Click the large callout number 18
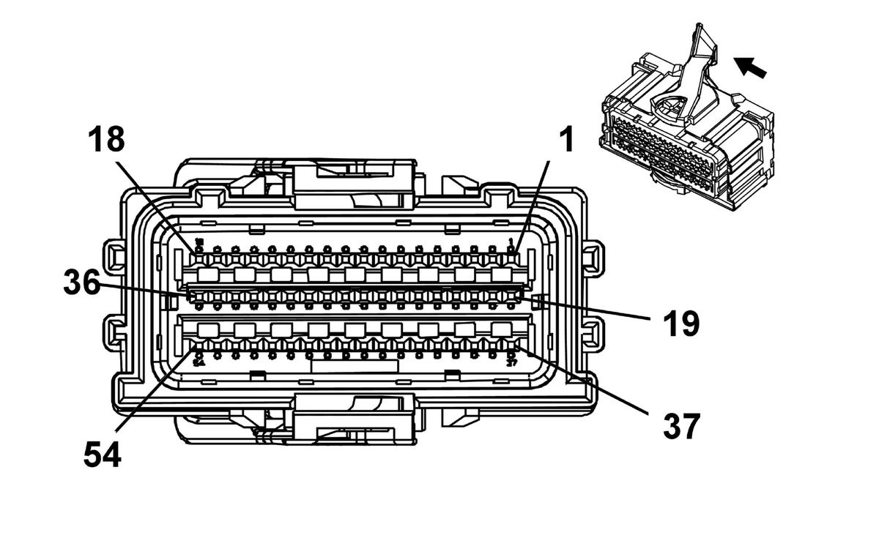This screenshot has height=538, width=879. click(x=107, y=139)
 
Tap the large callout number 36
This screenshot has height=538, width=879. click(x=81, y=282)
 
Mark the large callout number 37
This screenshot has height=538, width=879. click(x=681, y=426)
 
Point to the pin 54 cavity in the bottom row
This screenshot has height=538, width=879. click(x=199, y=344)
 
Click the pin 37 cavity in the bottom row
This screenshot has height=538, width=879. click(x=511, y=344)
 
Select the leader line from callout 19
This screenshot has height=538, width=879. click(x=586, y=307)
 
